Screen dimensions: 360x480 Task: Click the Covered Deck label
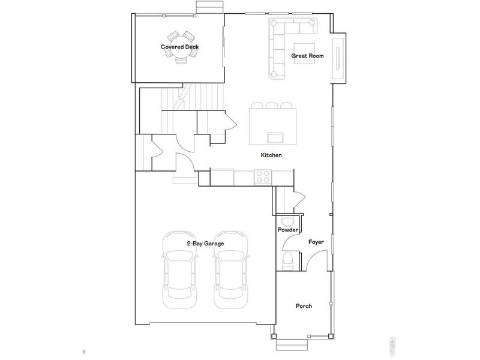coord(179,47)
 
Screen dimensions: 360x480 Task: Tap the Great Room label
coord(307,56)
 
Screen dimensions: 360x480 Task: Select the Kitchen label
coord(271,155)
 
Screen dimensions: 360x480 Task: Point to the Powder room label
coord(288,230)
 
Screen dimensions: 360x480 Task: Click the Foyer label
coord(316,242)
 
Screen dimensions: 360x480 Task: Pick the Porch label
coord(304,306)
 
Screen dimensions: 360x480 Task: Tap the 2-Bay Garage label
coord(205,243)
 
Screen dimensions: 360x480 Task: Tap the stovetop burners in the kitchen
coord(263,176)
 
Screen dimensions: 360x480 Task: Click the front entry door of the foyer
coord(312,261)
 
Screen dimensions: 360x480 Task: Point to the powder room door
coord(289,242)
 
